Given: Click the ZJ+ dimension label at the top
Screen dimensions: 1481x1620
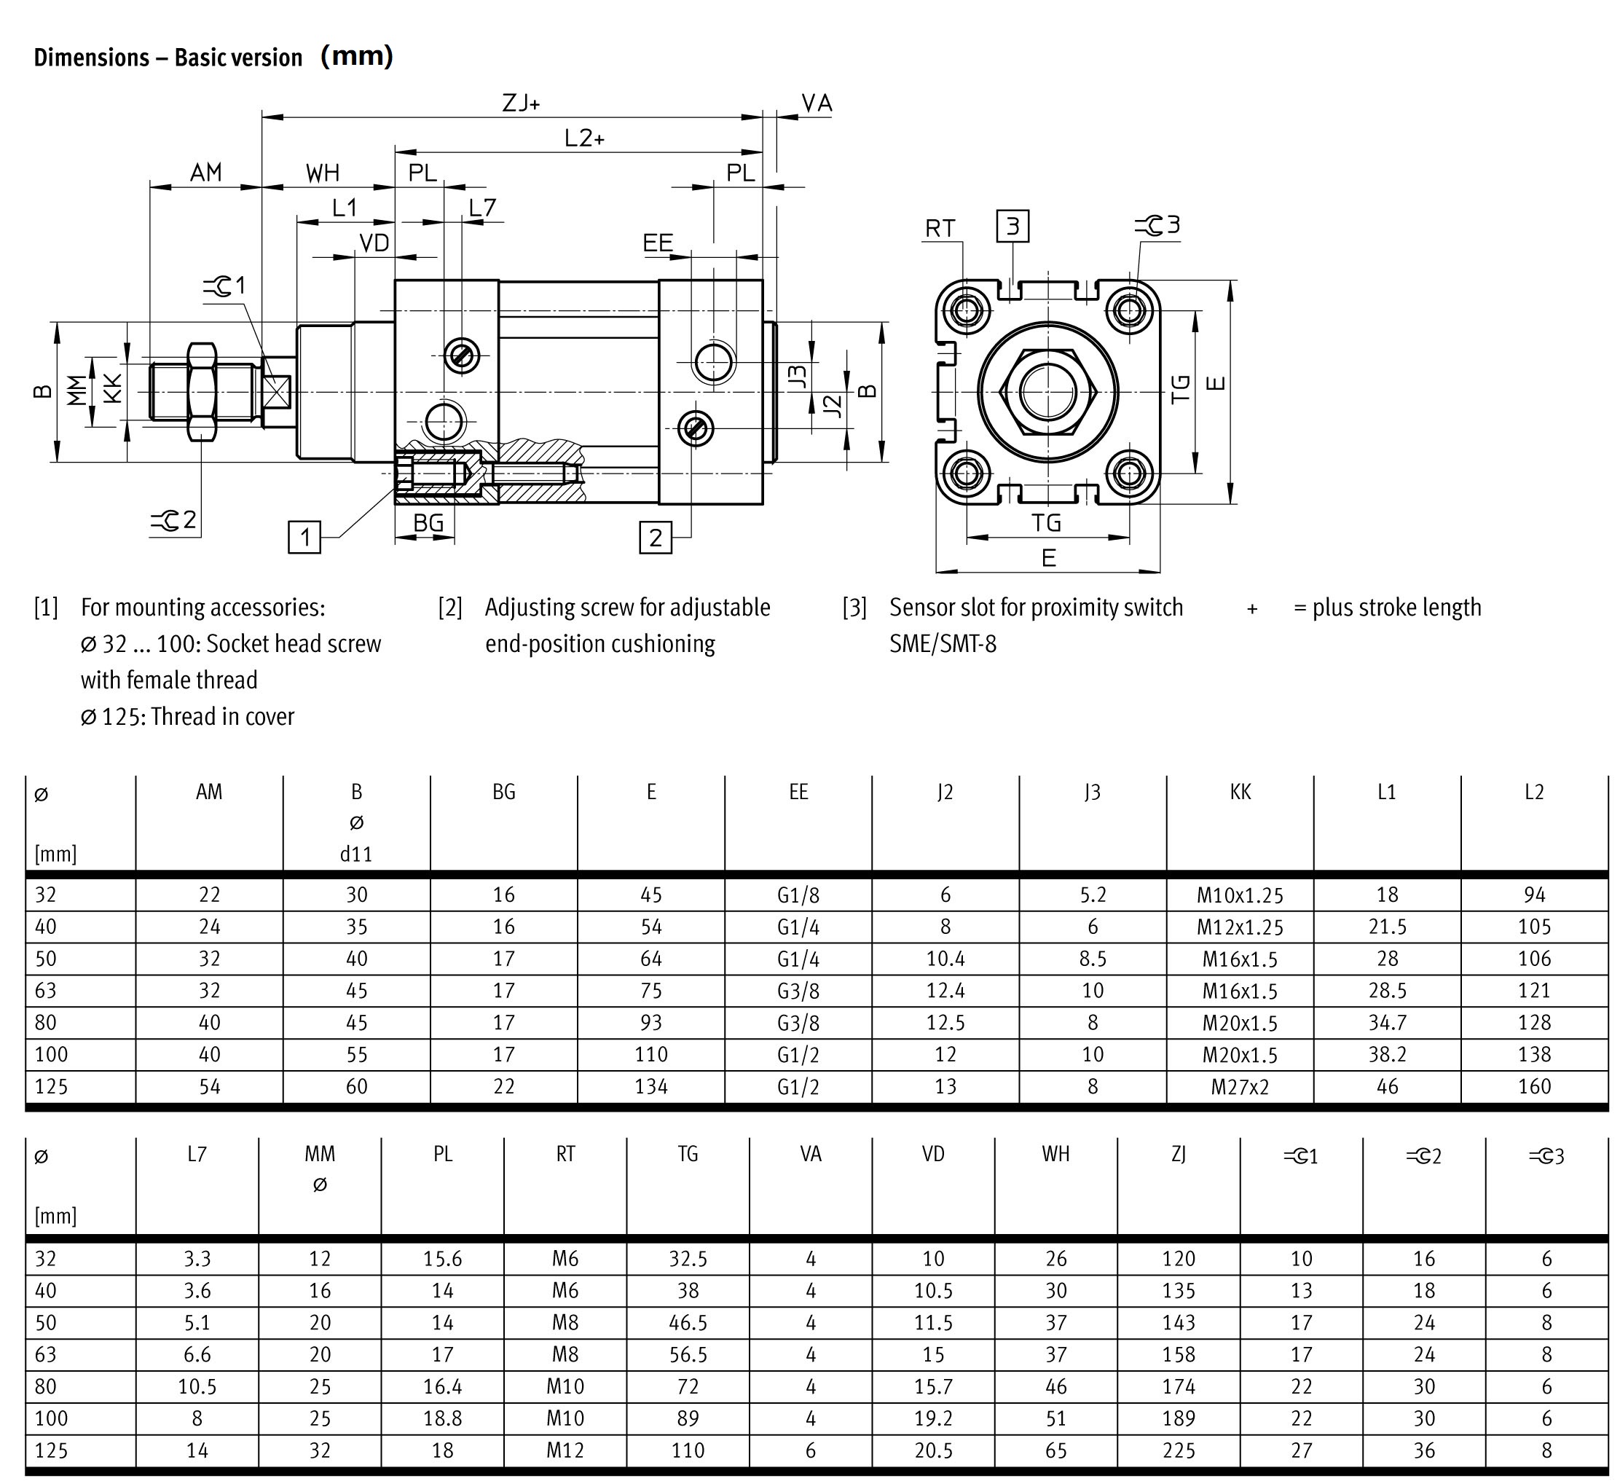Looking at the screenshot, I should pos(521,103).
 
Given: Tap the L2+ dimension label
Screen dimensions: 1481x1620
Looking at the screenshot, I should pos(584,138).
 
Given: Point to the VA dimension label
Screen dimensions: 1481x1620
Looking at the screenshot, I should pos(817,103).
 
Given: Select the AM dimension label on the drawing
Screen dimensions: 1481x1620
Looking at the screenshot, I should pos(205,173).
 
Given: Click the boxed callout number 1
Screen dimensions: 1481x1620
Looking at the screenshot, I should pos(304,537).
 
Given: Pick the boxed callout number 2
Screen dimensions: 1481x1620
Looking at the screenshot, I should pos(656,538).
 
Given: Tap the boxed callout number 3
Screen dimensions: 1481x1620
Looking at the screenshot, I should pos(1012,226).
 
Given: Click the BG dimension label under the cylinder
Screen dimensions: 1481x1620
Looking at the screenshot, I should pos(428,523).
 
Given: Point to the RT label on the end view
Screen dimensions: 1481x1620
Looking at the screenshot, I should pos(940,229).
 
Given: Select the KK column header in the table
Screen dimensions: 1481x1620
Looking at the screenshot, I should pos(1240,793).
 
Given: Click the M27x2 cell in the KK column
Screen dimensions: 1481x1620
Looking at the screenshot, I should pos(1240,1086).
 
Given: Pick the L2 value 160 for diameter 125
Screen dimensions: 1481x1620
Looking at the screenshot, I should pos(1534,1086).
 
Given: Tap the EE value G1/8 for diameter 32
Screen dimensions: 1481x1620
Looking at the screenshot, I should pos(798,895).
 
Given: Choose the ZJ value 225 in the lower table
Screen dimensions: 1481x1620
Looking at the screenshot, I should pos(1178,1450).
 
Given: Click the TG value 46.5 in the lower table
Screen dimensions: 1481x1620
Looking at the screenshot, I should pos(688,1323).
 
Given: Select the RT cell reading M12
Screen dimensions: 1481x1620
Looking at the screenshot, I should pos(565,1450).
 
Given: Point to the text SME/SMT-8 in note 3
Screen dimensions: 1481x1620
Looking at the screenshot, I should pos(943,645).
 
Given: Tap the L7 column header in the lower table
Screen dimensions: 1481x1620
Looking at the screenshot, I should pos(197,1155).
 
